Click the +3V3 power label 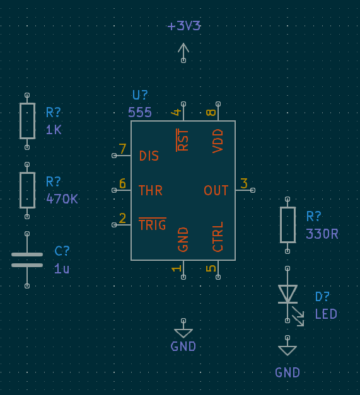point(183,26)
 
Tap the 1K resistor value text point(54,130)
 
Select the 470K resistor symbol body point(27,190)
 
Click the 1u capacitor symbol point(27,260)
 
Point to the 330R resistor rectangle point(287,224)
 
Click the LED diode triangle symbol point(287,294)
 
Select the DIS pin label point(149,156)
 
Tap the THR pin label point(150,190)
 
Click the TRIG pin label point(152,225)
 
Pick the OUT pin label point(216,190)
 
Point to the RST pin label point(183,139)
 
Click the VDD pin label point(218,140)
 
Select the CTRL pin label point(218,237)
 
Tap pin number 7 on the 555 point(122,150)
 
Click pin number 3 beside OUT point(244,183)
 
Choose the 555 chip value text point(139,112)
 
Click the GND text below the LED point(287,372)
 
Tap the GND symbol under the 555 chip point(183,333)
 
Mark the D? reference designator point(322,297)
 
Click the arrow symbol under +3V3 point(183,49)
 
